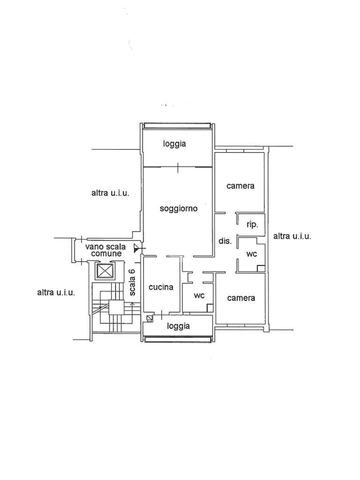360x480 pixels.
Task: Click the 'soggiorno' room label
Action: click(179, 209)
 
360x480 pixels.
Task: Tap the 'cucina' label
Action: click(161, 287)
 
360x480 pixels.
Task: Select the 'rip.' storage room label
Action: click(253, 225)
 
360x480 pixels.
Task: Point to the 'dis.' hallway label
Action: click(225, 241)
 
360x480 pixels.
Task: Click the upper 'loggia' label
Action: click(174, 144)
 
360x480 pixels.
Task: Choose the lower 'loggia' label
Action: click(179, 326)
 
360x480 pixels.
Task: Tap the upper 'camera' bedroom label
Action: click(240, 186)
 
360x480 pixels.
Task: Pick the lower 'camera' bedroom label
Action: click(241, 298)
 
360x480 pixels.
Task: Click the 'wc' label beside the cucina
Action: click(199, 296)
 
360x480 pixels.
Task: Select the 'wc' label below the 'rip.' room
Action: click(252, 254)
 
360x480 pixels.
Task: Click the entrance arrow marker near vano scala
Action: click(136, 248)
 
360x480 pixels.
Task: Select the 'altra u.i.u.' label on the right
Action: click(292, 236)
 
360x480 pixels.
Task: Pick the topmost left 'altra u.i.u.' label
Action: click(110, 193)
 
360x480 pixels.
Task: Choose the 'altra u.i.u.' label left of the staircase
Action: click(56, 292)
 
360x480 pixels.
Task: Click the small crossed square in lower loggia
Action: click(149, 318)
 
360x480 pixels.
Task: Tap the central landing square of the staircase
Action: click(116, 307)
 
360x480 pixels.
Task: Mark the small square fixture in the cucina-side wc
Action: click(210, 308)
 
